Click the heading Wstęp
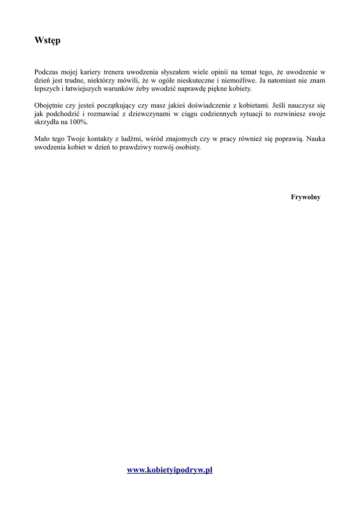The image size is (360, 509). click(x=47, y=40)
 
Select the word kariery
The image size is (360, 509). click(x=88, y=72)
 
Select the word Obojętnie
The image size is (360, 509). click(x=49, y=105)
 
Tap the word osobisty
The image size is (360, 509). click(x=187, y=148)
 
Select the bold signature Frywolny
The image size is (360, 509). click(x=305, y=197)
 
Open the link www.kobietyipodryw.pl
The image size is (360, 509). click(x=170, y=470)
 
